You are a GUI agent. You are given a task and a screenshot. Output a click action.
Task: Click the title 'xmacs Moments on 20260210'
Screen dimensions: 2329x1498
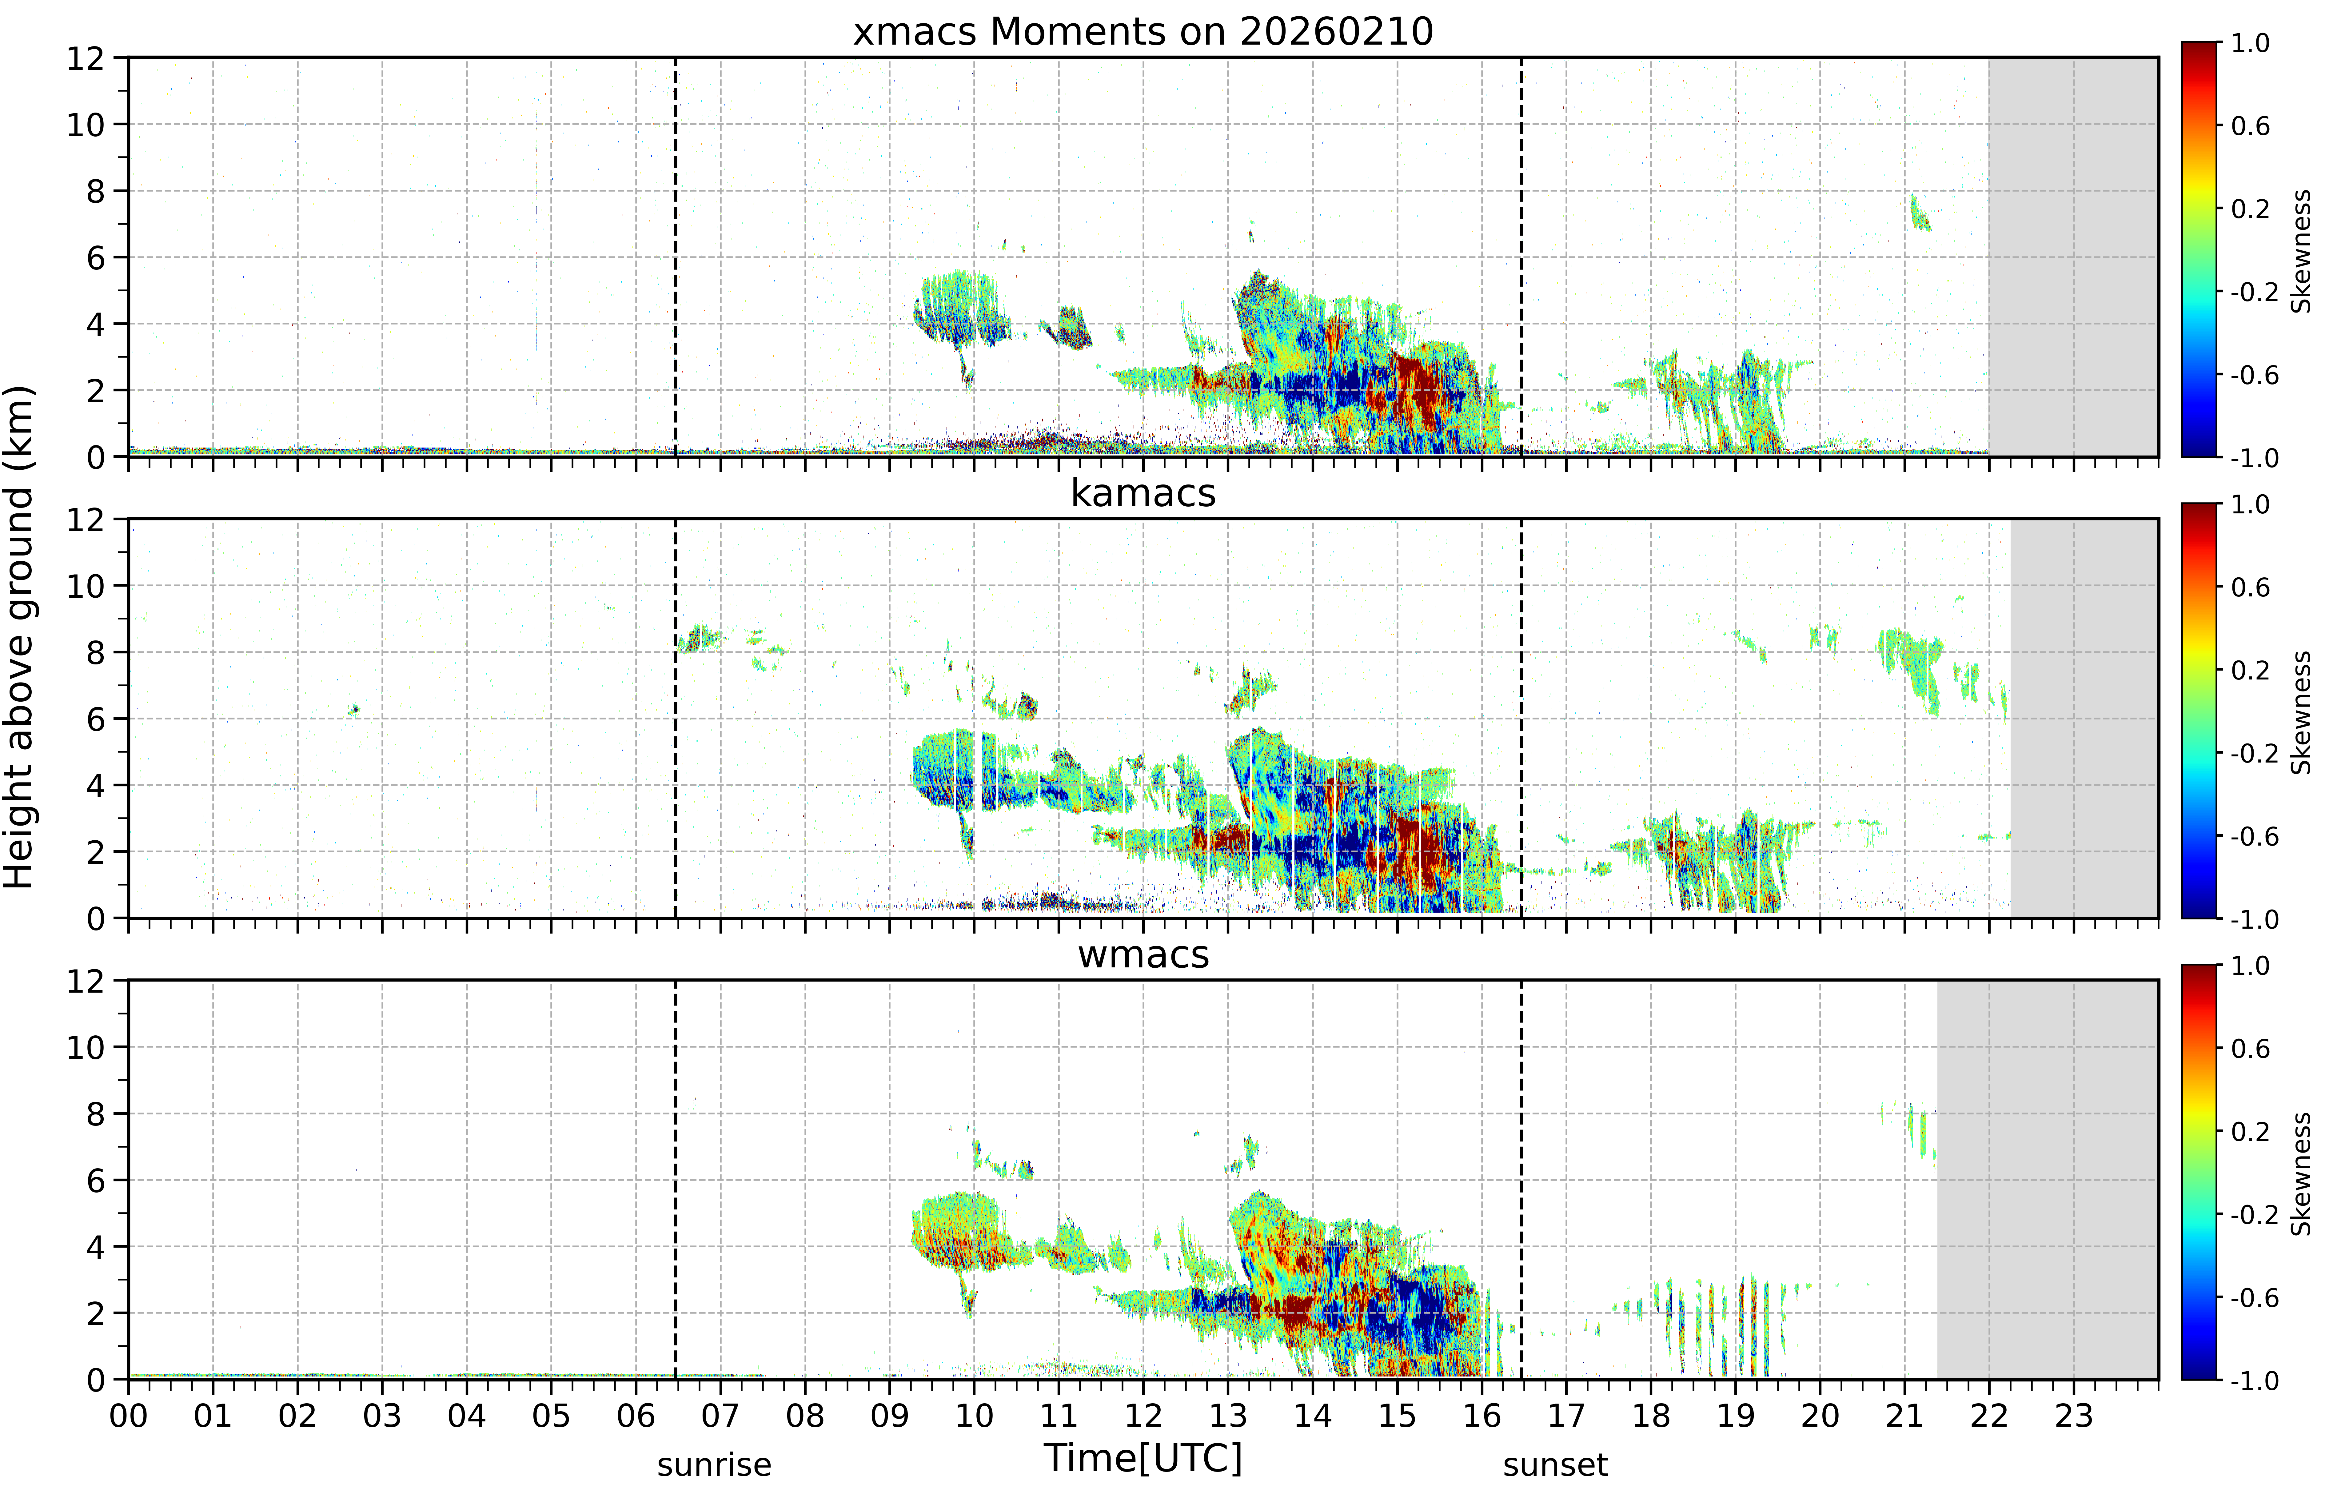1143,32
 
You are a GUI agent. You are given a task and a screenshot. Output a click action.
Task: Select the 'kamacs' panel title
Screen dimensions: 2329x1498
1143,493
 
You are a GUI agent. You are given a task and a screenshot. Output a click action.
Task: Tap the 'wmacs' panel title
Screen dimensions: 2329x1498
1143,954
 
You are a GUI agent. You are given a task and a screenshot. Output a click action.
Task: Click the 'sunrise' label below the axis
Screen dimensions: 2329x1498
714,1465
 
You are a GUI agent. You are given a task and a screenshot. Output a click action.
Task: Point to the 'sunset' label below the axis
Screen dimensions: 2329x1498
1556,1465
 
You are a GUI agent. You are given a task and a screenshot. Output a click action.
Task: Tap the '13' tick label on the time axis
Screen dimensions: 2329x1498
1228,1415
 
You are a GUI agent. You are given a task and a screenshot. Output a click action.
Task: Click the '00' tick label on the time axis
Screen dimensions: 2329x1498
128,1415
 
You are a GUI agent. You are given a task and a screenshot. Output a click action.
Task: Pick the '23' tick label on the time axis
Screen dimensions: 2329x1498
2073,1415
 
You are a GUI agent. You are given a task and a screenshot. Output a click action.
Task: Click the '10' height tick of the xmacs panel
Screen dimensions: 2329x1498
86,125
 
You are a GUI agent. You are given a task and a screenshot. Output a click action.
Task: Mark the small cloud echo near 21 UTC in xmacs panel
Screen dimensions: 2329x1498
1920,213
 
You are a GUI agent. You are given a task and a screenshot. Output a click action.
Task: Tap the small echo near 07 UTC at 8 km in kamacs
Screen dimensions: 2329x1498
699,639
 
